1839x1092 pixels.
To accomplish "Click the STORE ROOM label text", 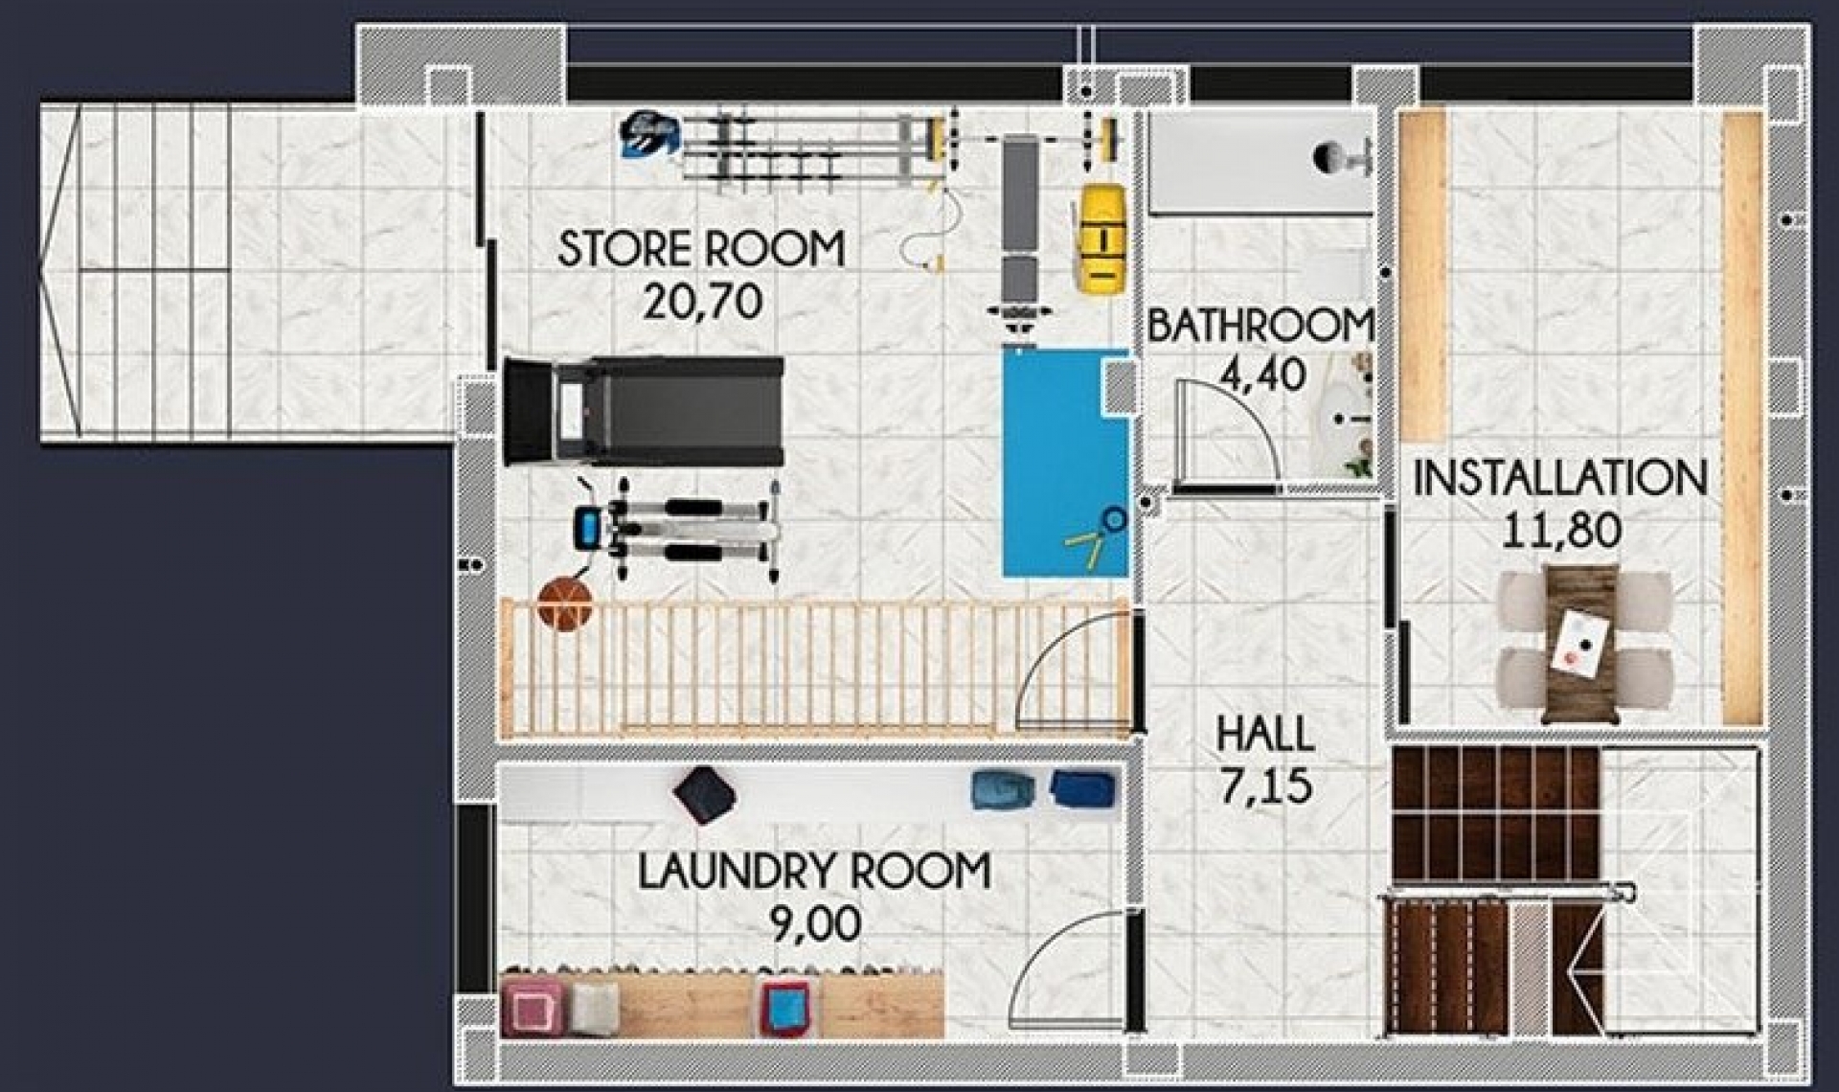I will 700,249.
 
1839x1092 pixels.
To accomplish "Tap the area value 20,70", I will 702,303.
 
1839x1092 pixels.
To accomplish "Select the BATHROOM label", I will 1260,326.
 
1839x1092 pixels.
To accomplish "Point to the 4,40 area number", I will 1261,375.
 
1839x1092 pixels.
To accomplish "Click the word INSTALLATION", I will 1559,478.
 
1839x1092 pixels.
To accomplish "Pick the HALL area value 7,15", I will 1264,785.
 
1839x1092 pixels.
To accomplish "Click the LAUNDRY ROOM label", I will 814,872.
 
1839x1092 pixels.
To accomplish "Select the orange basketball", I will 565,603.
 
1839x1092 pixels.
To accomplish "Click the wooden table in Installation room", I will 1580,642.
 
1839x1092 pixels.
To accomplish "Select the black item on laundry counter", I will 704,793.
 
